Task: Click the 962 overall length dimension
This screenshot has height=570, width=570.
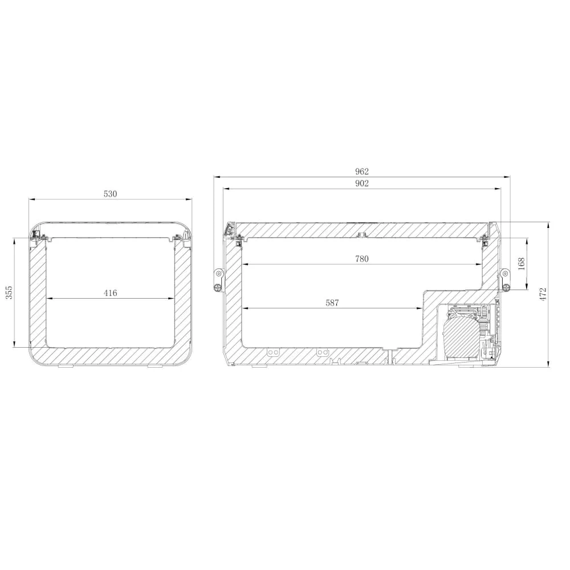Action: point(362,171)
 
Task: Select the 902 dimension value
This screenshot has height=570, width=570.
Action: point(362,183)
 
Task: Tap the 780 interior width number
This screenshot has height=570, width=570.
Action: point(362,259)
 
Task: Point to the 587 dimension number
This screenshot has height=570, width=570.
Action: point(332,303)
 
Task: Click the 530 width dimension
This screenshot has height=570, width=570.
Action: point(110,194)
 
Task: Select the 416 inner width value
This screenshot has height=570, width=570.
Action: point(110,293)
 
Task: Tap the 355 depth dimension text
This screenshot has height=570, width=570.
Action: point(9,292)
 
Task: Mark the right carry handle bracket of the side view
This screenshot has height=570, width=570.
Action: point(505,279)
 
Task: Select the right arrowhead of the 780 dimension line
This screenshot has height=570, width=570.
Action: point(479,264)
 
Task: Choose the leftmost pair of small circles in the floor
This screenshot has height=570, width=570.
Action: point(273,352)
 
